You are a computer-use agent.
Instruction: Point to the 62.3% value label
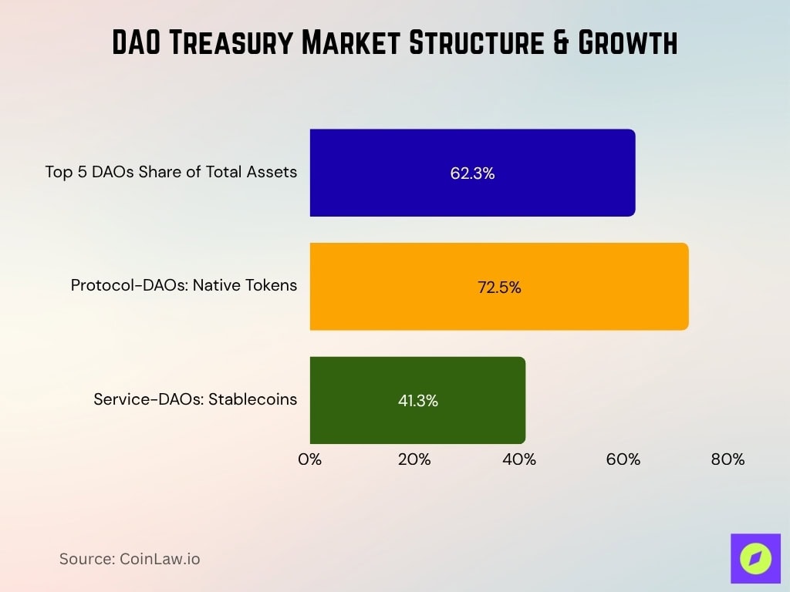point(472,173)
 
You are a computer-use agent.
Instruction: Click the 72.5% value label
point(499,288)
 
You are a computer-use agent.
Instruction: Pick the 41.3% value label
point(417,401)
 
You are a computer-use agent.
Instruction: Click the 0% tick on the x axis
point(310,459)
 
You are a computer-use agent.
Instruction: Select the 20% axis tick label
point(414,459)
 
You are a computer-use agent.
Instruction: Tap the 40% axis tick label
point(519,459)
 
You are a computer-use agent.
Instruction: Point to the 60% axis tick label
point(623,459)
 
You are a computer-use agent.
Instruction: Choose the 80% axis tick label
point(728,459)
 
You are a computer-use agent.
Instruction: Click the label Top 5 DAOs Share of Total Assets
point(171,172)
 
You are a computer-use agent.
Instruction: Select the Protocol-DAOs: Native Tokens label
point(184,285)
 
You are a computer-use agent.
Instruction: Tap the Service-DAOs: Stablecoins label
point(195,399)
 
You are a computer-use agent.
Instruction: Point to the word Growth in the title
point(623,43)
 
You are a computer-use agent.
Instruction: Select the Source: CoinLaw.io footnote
point(130,559)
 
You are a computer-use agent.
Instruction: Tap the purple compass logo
point(755,558)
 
